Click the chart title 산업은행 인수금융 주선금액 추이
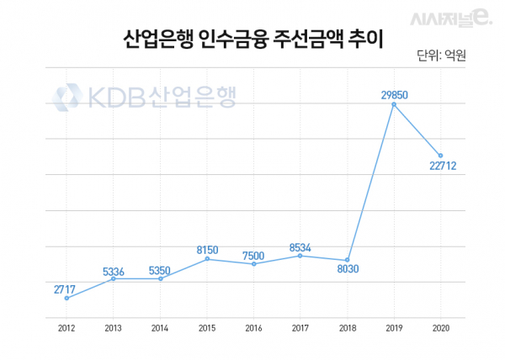click(x=252, y=40)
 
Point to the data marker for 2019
click(x=394, y=103)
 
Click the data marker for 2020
click(x=440, y=156)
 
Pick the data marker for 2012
click(x=66, y=298)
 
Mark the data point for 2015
click(x=207, y=259)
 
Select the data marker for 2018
click(x=347, y=260)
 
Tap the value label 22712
click(x=441, y=166)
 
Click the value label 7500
click(x=253, y=253)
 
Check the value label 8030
click(x=347, y=271)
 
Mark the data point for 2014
click(x=160, y=278)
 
